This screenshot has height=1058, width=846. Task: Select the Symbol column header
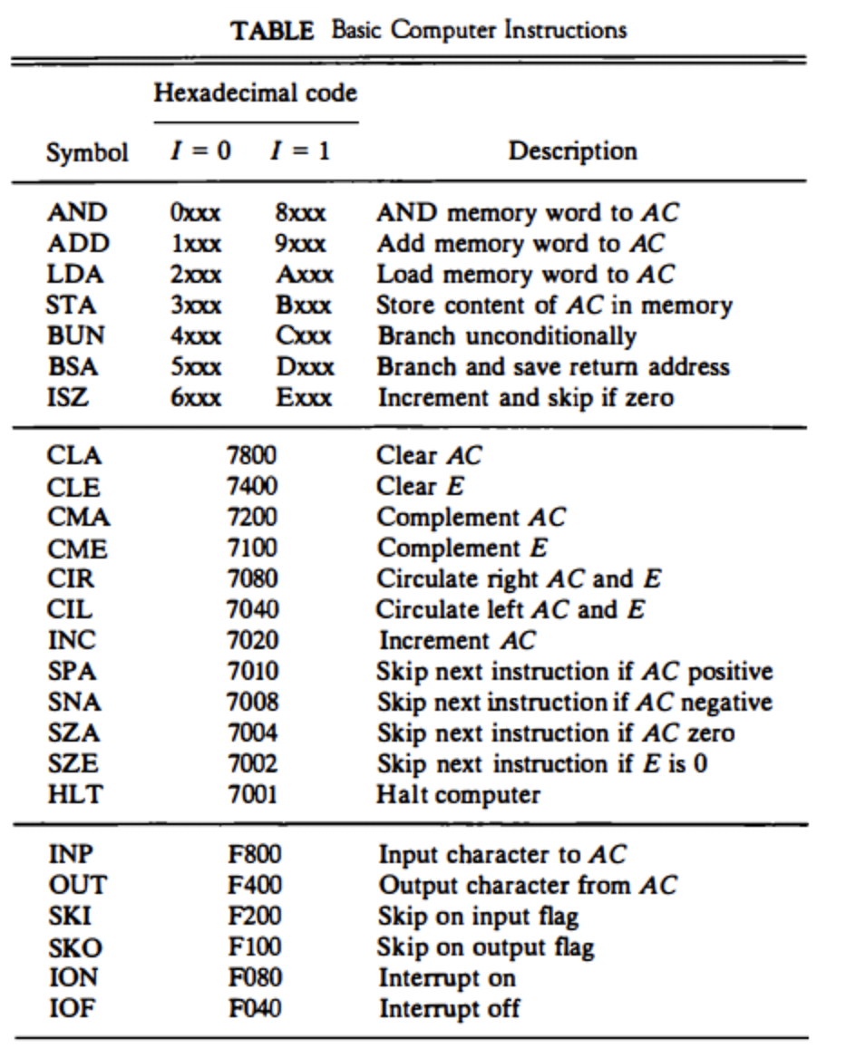pos(87,151)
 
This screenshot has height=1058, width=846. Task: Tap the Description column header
pos(572,150)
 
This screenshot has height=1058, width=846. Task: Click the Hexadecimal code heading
pos(255,92)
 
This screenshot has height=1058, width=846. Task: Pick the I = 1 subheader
pos(299,150)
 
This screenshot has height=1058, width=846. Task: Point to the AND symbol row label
pos(76,213)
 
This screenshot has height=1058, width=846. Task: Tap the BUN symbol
pos(75,336)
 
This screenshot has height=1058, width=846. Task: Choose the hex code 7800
pos(251,456)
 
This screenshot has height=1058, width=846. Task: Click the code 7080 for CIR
pos(251,579)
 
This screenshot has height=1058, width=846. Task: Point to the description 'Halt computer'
pos(458,795)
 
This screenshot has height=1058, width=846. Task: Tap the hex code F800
pos(253,855)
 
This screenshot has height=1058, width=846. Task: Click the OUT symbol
pos(75,886)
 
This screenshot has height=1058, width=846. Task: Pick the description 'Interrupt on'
pos(446,978)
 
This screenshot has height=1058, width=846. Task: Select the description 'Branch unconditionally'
pos(506,336)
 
